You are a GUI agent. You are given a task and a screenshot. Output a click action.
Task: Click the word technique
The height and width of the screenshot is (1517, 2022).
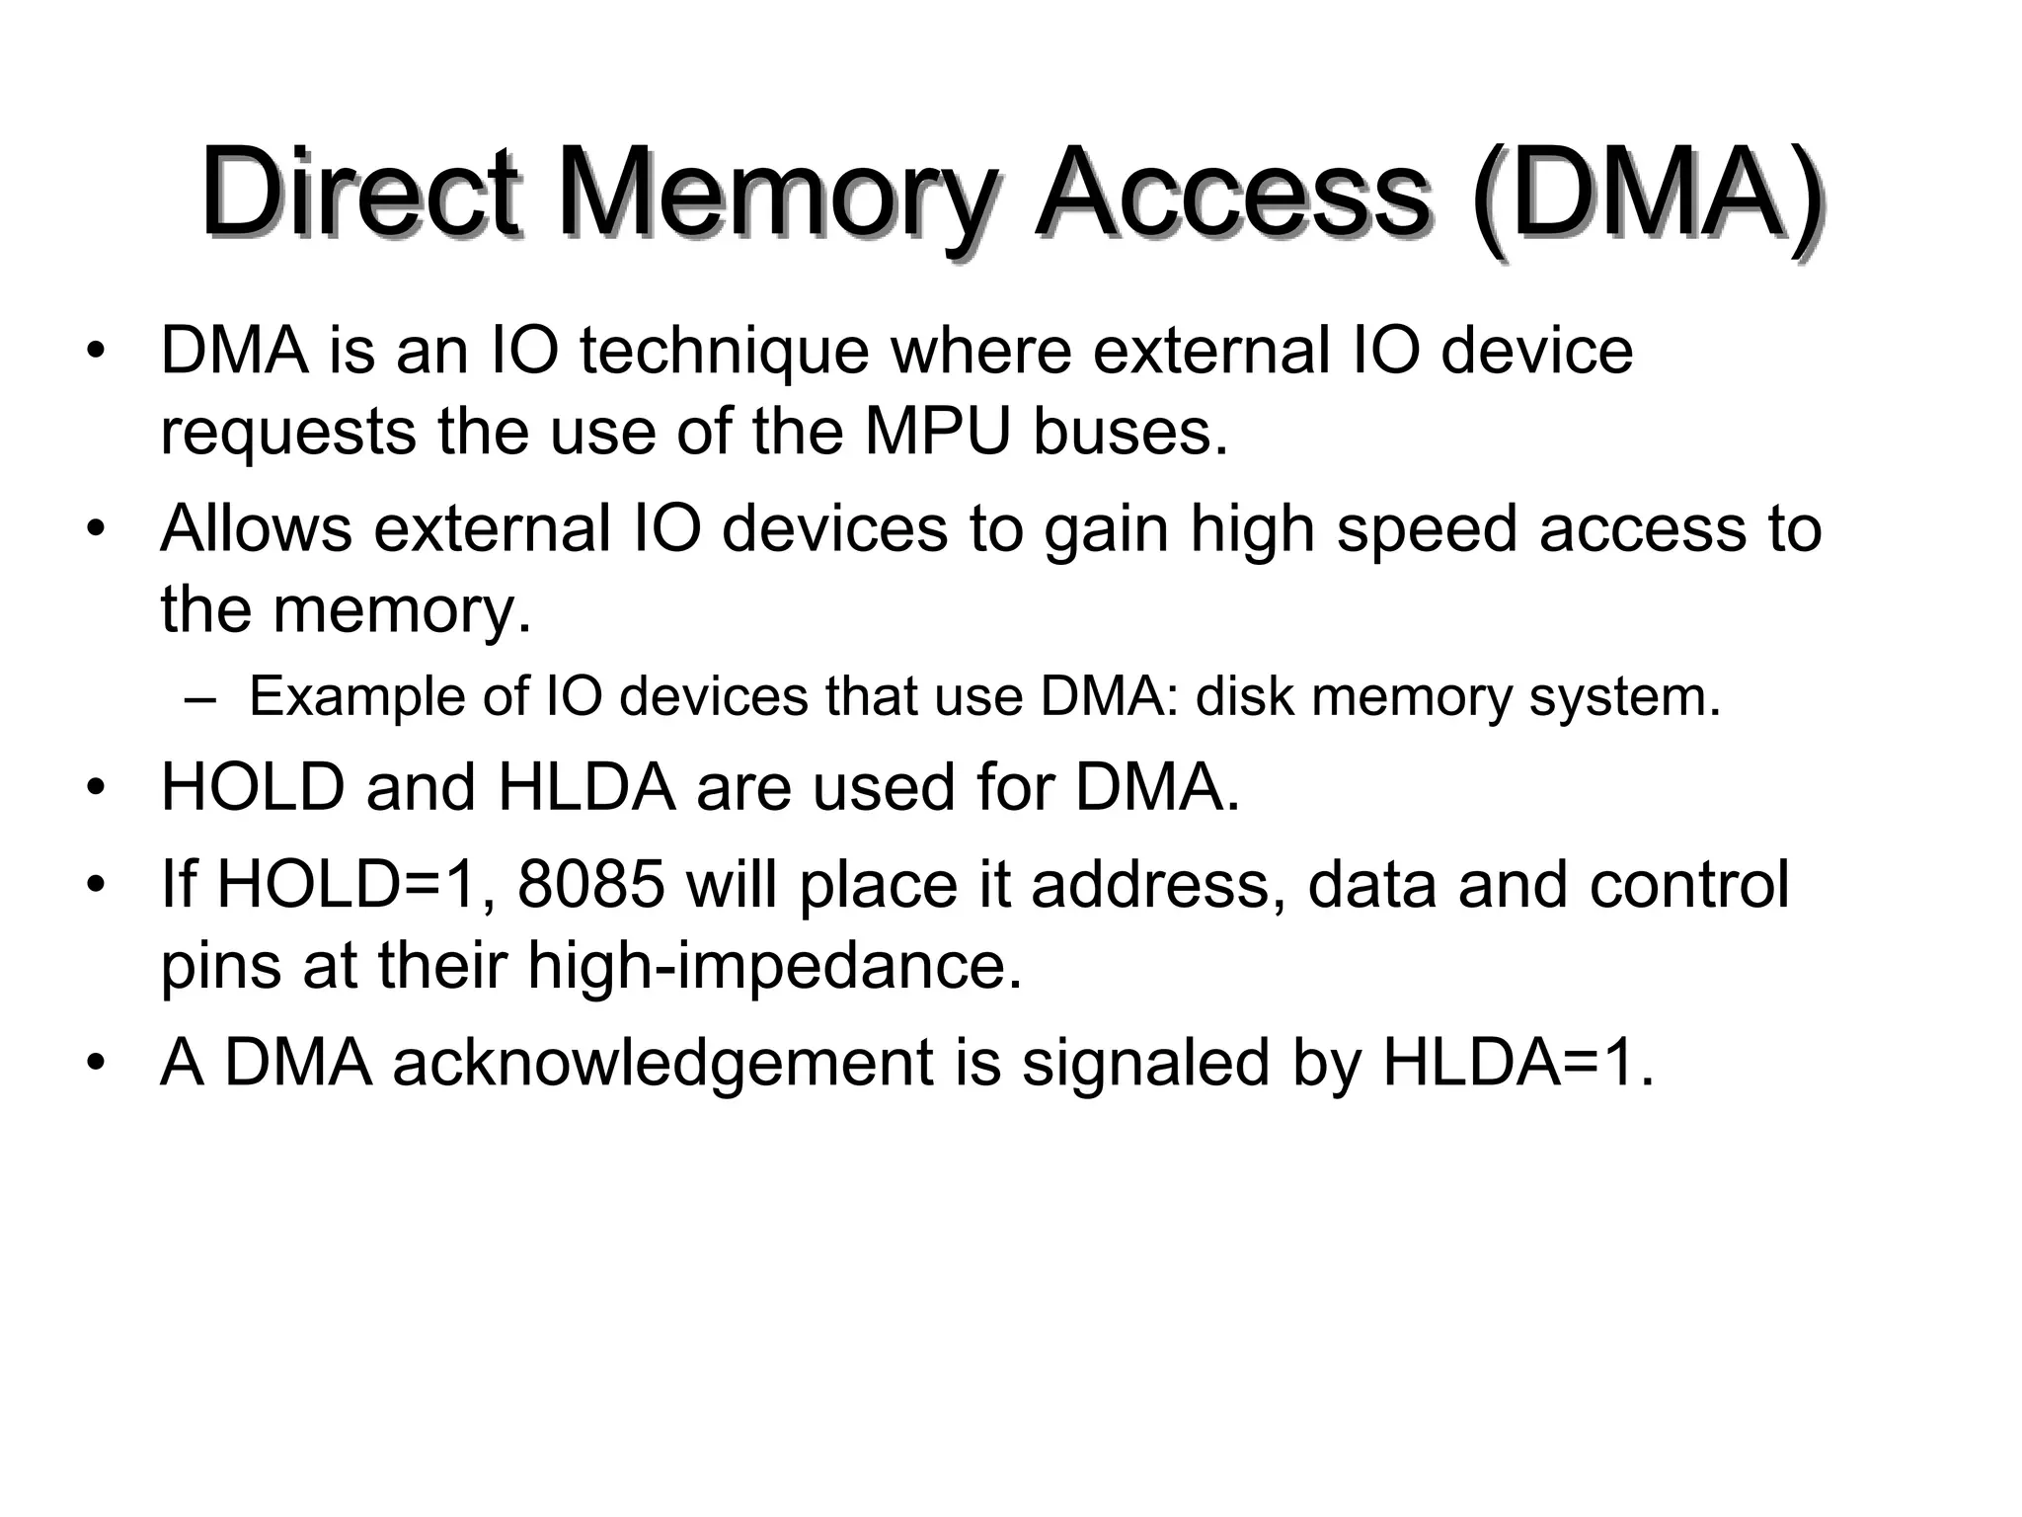724,352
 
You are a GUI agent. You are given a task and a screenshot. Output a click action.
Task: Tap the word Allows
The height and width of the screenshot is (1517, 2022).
256,528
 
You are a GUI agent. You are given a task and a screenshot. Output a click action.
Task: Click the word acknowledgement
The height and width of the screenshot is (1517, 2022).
662,1064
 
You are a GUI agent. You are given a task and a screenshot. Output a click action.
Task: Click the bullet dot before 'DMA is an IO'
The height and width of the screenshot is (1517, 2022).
95,354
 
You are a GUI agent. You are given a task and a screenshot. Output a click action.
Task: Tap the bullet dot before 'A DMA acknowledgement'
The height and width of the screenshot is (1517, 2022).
95,1064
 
